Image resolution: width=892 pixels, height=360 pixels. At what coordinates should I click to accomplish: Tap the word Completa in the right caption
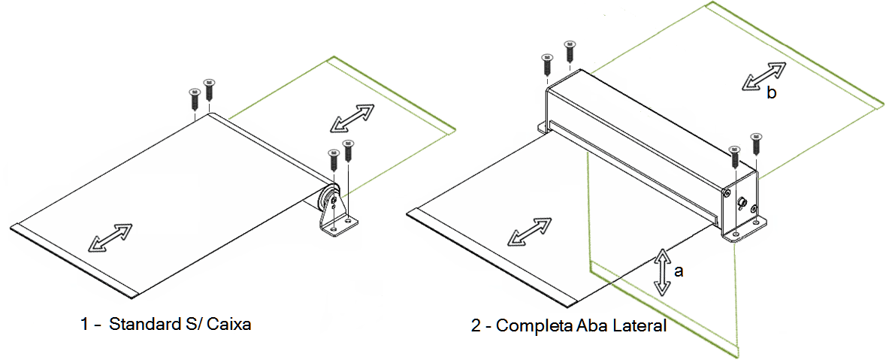tap(534, 327)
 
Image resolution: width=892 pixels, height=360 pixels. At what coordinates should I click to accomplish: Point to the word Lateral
tap(637, 326)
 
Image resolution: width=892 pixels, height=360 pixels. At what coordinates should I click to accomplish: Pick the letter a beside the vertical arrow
tap(678, 271)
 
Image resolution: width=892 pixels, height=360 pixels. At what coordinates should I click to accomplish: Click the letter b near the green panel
tap(771, 92)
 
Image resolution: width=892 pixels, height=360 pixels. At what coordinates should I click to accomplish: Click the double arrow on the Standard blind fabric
tap(111, 237)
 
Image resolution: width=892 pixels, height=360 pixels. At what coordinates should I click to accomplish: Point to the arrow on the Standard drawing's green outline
tap(353, 119)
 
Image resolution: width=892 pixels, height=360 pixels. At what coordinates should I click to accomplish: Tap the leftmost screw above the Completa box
tap(547, 65)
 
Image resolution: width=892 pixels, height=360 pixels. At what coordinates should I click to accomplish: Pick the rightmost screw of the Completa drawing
tap(756, 144)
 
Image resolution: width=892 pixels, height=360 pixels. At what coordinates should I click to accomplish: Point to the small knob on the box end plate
tap(742, 202)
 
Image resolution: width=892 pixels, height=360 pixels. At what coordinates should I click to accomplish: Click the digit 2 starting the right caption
tap(476, 327)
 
